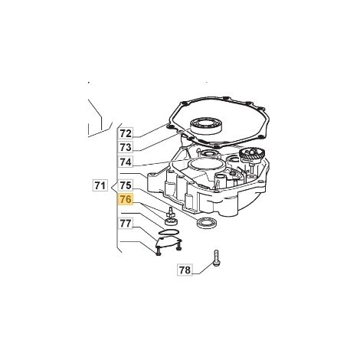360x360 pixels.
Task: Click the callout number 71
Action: (x=100, y=185)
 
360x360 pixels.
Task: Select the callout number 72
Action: (x=126, y=133)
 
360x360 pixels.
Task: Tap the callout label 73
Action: (x=126, y=147)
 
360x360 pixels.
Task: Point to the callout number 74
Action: (x=126, y=162)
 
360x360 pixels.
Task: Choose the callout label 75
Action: (x=126, y=185)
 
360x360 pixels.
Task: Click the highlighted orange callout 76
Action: (x=126, y=199)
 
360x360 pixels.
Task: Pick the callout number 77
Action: (x=126, y=224)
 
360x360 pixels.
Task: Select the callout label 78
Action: (x=185, y=270)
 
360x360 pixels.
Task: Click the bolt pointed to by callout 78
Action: (x=215, y=259)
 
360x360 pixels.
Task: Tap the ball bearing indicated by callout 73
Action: (x=206, y=126)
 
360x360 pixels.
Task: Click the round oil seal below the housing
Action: (x=206, y=222)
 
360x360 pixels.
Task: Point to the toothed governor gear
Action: (x=252, y=155)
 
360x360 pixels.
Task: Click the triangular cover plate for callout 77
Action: (x=168, y=241)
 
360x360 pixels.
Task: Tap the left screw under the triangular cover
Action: (x=159, y=251)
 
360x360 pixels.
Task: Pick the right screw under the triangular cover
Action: (x=179, y=245)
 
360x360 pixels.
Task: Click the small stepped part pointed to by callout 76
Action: (x=171, y=217)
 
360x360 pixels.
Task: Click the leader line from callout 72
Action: (x=153, y=131)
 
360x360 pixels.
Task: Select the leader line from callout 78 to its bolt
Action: (x=202, y=270)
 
